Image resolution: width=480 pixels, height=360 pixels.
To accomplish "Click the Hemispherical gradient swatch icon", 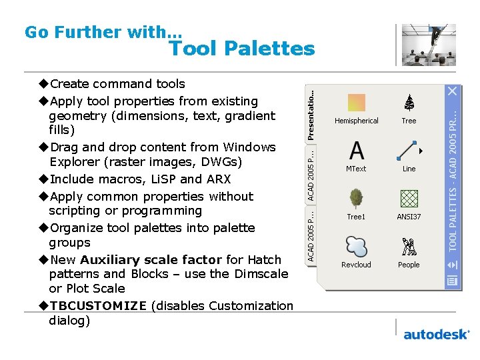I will pyautogui.click(x=357, y=102).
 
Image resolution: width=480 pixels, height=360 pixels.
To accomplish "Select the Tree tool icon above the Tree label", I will pyautogui.click(x=409, y=102).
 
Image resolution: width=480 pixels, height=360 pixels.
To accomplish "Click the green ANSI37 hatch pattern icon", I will pyautogui.click(x=409, y=199).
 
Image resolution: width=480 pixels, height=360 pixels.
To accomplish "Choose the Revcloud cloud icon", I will pyautogui.click(x=357, y=247).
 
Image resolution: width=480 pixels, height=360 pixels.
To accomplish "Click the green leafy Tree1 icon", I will pyautogui.click(x=357, y=199).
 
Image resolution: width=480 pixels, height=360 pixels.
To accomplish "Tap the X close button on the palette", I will pyautogui.click(x=453, y=90).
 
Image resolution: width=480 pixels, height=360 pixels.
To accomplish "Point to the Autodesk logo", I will pyautogui.click(x=436, y=334).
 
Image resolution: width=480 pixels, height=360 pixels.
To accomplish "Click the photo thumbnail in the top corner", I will pyautogui.click(x=429, y=45).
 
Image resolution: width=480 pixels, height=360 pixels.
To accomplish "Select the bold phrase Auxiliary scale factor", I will pyautogui.click(x=151, y=259).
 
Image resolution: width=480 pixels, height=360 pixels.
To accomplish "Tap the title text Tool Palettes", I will pyautogui.click(x=241, y=49).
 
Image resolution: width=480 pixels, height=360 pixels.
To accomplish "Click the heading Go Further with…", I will pyautogui.click(x=103, y=32).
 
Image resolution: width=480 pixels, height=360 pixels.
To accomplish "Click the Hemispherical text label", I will pyautogui.click(x=357, y=121).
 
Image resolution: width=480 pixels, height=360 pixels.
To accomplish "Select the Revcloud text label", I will pyautogui.click(x=357, y=265).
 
